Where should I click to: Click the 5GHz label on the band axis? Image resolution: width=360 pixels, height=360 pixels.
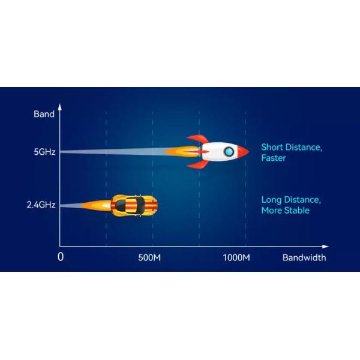pos(44,152)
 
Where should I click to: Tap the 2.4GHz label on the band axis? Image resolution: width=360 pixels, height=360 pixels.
pos(41,205)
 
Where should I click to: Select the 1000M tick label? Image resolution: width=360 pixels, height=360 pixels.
pos(236,257)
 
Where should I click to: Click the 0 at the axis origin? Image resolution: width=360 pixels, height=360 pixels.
pos(60,257)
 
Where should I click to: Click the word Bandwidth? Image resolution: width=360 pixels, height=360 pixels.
pos(304,257)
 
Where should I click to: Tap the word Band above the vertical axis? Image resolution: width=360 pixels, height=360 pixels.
pos(44,114)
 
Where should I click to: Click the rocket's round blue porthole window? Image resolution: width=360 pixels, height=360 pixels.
pos(229,152)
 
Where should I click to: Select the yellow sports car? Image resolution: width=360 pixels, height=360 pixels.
pos(134,205)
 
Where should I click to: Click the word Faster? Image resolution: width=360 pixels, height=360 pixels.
pos(274,158)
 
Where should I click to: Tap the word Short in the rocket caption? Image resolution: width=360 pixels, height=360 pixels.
pos(272,147)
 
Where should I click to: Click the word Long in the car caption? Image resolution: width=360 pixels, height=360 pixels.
pos(271,199)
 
